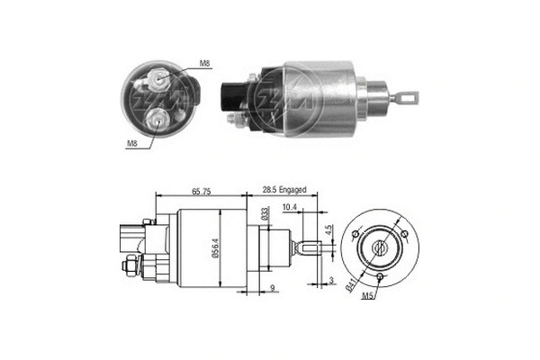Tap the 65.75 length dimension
201,192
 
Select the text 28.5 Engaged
284,191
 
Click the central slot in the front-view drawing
383,247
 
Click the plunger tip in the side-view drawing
310,247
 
